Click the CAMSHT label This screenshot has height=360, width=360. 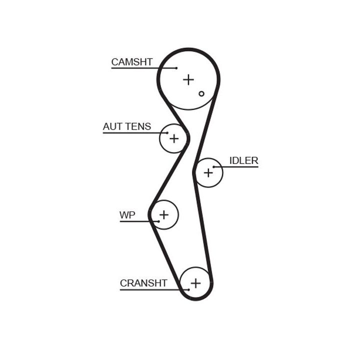131,62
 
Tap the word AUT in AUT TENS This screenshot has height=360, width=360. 112,126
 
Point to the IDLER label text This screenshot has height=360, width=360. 243,160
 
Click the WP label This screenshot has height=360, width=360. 127,215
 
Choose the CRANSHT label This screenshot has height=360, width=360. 143,283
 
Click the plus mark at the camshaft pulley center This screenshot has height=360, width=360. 188,79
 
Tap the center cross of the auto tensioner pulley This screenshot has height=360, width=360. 173,138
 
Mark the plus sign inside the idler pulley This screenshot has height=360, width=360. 208,173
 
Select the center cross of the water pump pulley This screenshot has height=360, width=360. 164,215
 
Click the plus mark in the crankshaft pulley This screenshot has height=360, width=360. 195,283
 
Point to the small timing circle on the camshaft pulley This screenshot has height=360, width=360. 201,93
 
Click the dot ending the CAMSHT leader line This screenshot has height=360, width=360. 176,67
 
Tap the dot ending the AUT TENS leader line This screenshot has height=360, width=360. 167,132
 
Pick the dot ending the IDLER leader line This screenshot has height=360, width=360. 214,166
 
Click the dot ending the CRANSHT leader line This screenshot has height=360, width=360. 188,289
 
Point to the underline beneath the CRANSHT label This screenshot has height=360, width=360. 150,289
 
